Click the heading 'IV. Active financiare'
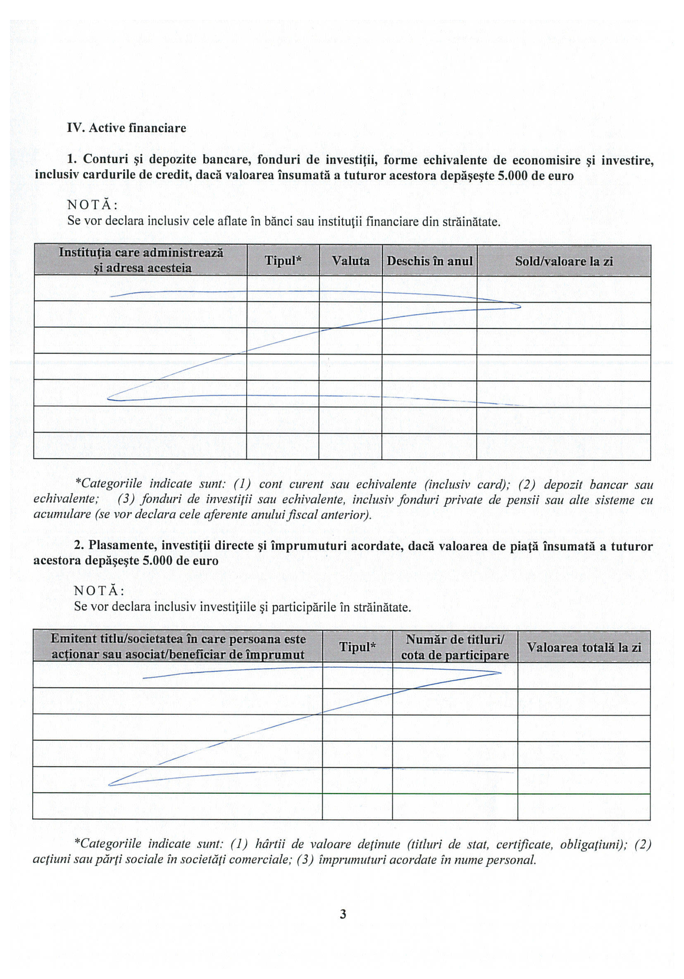126,128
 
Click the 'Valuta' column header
350,260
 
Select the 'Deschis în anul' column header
429,261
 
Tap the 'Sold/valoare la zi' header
564,261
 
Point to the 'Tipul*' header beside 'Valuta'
283,260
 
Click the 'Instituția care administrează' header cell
141,260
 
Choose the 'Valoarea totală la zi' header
584,647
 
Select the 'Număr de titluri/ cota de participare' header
455,647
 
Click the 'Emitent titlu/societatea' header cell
178,647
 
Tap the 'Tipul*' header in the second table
357,647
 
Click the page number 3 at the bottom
343,914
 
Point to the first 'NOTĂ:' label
93,205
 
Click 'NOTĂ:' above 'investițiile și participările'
99,590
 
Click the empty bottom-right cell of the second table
584,806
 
